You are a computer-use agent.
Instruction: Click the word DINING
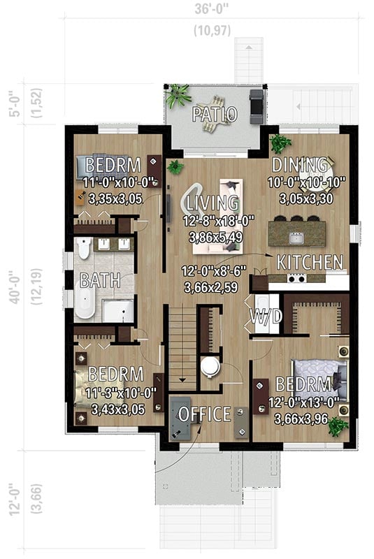coord(299,166)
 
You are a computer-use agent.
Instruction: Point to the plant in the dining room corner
coord(280,143)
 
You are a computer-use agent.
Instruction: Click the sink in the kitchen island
coord(296,238)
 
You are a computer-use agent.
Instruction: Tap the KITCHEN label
coord(310,263)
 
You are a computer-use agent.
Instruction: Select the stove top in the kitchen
coord(296,278)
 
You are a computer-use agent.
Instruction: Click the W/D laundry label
coord(266,317)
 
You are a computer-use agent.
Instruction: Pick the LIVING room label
coord(213,203)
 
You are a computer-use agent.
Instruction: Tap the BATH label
coord(99,281)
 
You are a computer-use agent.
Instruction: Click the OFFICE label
coord(204,414)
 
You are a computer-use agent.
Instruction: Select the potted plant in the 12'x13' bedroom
coord(339,426)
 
